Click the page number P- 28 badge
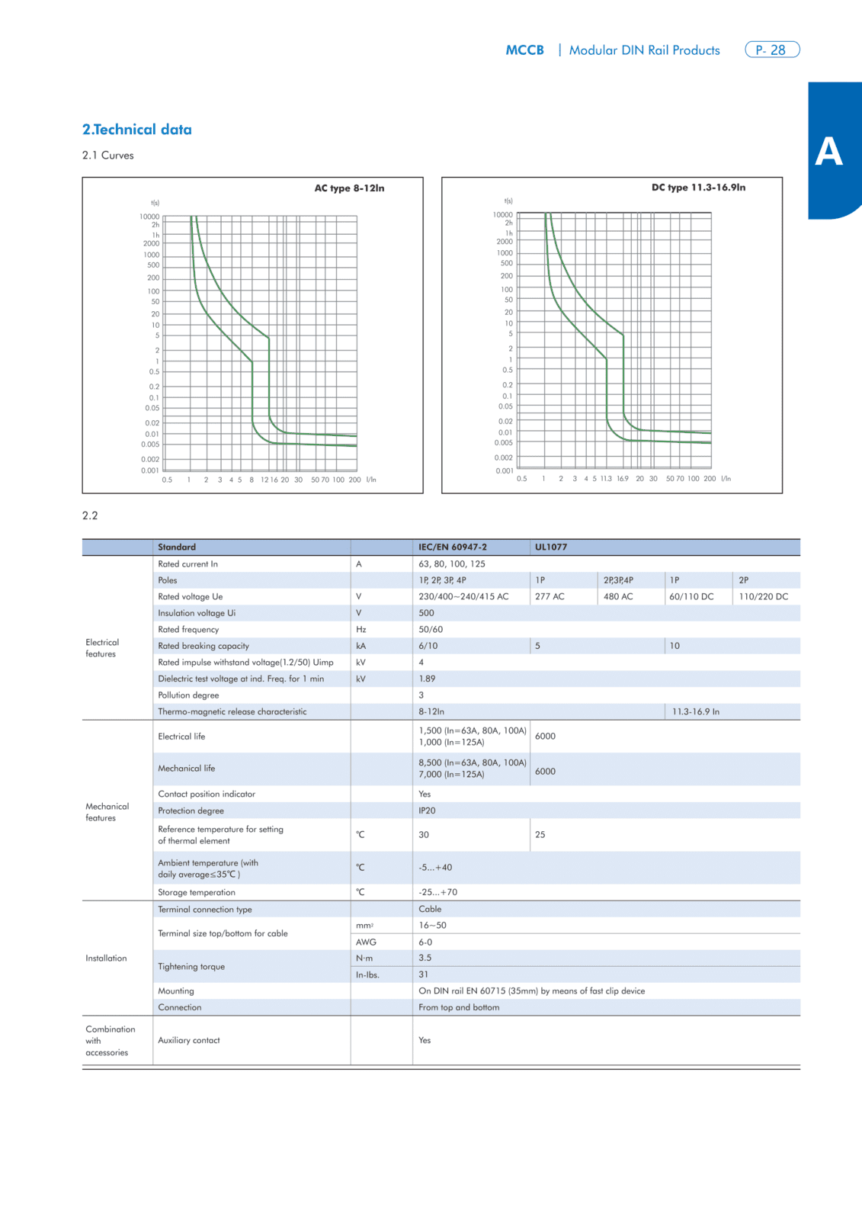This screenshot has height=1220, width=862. click(772, 50)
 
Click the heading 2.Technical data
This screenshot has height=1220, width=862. click(136, 130)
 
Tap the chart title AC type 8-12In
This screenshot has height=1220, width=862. click(349, 188)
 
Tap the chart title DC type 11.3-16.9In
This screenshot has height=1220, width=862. click(698, 188)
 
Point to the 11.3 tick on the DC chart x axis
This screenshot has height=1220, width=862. click(606, 479)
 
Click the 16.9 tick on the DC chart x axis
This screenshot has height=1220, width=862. click(623, 479)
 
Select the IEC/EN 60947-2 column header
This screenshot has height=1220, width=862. click(453, 547)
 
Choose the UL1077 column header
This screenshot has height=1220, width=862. click(550, 547)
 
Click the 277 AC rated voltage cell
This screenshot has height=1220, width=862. click(550, 596)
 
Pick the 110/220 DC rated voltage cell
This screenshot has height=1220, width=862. click(763, 596)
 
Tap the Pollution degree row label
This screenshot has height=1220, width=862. click(188, 695)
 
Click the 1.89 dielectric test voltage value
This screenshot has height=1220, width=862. click(427, 679)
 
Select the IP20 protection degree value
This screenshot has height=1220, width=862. click(427, 811)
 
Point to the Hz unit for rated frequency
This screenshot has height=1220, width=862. click(361, 629)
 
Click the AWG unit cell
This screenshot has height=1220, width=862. click(366, 942)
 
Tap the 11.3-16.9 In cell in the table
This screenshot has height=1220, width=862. click(695, 711)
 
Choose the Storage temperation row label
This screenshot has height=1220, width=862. click(197, 892)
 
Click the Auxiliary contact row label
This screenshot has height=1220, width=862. click(189, 1040)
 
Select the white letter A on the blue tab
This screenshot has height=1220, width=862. click(828, 151)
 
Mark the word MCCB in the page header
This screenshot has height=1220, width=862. click(525, 50)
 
